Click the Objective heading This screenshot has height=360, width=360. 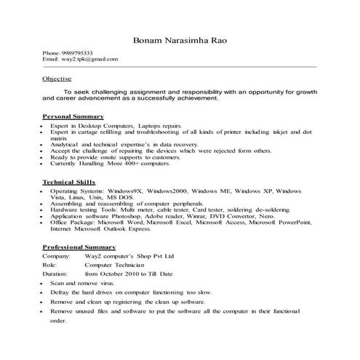[57, 78]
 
